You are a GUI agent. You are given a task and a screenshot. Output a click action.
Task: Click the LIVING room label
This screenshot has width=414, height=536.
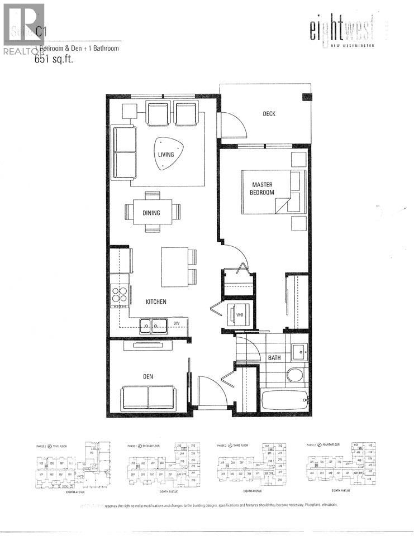[x=166, y=155]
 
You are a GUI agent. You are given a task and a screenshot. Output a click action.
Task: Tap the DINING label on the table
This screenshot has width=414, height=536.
[x=151, y=213]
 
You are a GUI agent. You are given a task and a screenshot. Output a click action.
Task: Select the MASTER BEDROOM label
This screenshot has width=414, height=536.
[x=263, y=188]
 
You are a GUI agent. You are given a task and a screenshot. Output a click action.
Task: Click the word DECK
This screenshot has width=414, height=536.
[x=269, y=114]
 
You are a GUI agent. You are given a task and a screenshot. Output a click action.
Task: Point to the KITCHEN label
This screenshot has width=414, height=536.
[x=156, y=301]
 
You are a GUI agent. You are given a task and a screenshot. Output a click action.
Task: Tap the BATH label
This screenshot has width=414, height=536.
[x=275, y=358]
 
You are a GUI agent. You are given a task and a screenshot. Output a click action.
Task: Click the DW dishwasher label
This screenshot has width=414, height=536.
[x=176, y=323]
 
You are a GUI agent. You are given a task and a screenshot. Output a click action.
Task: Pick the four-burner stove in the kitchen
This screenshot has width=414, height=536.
[x=120, y=294]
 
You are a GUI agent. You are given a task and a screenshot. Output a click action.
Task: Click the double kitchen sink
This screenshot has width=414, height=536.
[x=151, y=323]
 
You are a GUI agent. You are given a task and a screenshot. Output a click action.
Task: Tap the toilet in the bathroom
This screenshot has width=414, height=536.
[x=296, y=374]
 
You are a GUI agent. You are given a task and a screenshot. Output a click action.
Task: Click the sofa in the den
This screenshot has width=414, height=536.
[x=148, y=396]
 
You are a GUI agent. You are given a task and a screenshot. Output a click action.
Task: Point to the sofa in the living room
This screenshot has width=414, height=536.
[x=125, y=153]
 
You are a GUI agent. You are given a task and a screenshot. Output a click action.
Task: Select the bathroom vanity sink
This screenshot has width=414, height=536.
[x=299, y=352]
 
